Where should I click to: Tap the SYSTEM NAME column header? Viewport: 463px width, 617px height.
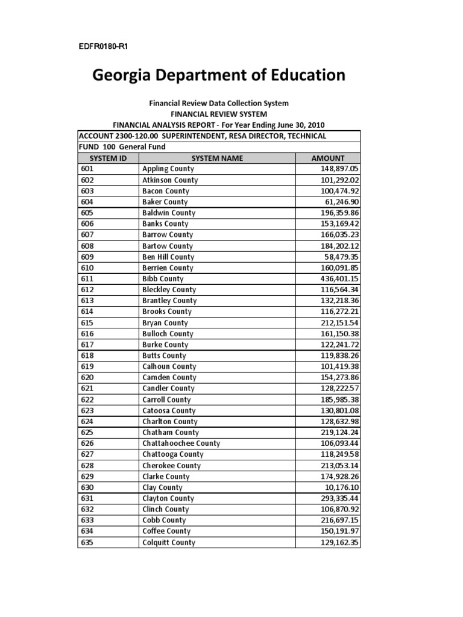pos(217,158)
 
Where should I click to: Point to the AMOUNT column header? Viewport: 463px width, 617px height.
pos(327,158)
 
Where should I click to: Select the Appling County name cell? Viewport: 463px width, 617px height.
pos(168,169)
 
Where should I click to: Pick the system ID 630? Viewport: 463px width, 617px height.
pos(88,487)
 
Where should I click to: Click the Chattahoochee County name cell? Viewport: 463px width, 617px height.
pos(181,443)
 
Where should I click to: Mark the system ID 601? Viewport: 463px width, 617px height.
pos(88,169)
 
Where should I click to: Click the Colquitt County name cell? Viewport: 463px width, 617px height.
pos(169,542)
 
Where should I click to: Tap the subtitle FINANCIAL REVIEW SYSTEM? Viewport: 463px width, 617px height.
pos(219,114)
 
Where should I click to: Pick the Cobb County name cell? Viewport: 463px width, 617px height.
pos(164,520)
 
